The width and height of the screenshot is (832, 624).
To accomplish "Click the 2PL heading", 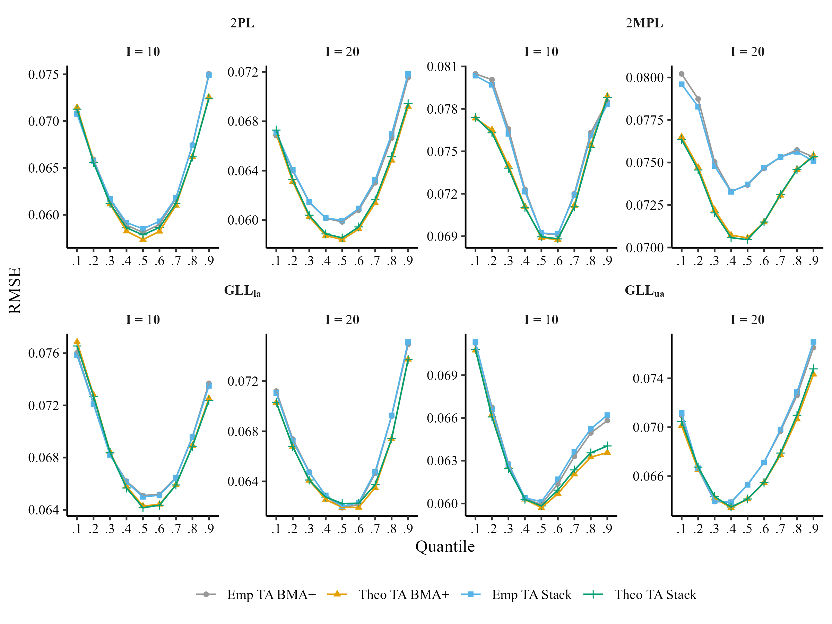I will (242, 23).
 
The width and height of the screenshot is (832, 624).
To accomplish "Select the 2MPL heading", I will (644, 23).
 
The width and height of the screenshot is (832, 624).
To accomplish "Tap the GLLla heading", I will (242, 291).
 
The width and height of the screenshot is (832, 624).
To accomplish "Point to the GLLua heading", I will (644, 291).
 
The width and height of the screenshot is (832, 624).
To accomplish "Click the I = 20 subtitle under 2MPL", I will (747, 52).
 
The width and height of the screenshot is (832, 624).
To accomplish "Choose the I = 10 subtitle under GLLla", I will (142, 320).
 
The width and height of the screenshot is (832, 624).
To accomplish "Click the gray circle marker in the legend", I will (206, 594).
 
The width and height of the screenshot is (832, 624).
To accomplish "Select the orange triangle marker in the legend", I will (337, 594).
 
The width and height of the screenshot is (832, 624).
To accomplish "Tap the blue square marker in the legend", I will (470, 594).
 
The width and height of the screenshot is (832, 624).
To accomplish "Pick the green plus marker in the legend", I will (593, 594).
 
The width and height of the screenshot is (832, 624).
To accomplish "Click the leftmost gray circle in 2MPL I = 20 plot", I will (682, 74).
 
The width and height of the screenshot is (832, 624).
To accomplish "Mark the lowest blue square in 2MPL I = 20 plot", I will (731, 192).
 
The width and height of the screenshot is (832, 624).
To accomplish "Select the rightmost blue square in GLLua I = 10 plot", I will (607, 415).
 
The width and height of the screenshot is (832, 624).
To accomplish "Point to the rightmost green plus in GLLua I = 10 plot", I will (607, 446).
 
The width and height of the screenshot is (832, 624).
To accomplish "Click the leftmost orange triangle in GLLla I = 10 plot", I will (77, 341).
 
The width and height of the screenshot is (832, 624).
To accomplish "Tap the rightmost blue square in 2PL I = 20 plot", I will (408, 74).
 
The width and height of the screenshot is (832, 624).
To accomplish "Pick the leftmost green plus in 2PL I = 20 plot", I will (276, 130).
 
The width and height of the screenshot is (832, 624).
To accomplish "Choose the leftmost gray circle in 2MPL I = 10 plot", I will (475, 74).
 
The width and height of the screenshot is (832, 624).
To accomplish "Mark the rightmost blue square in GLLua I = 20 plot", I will (813, 342).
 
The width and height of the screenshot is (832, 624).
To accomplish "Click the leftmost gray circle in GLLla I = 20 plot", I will (276, 391).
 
